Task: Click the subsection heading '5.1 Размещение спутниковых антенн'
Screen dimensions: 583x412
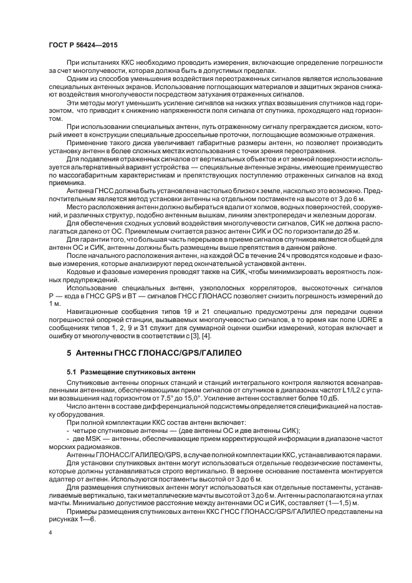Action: click(x=131, y=371)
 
